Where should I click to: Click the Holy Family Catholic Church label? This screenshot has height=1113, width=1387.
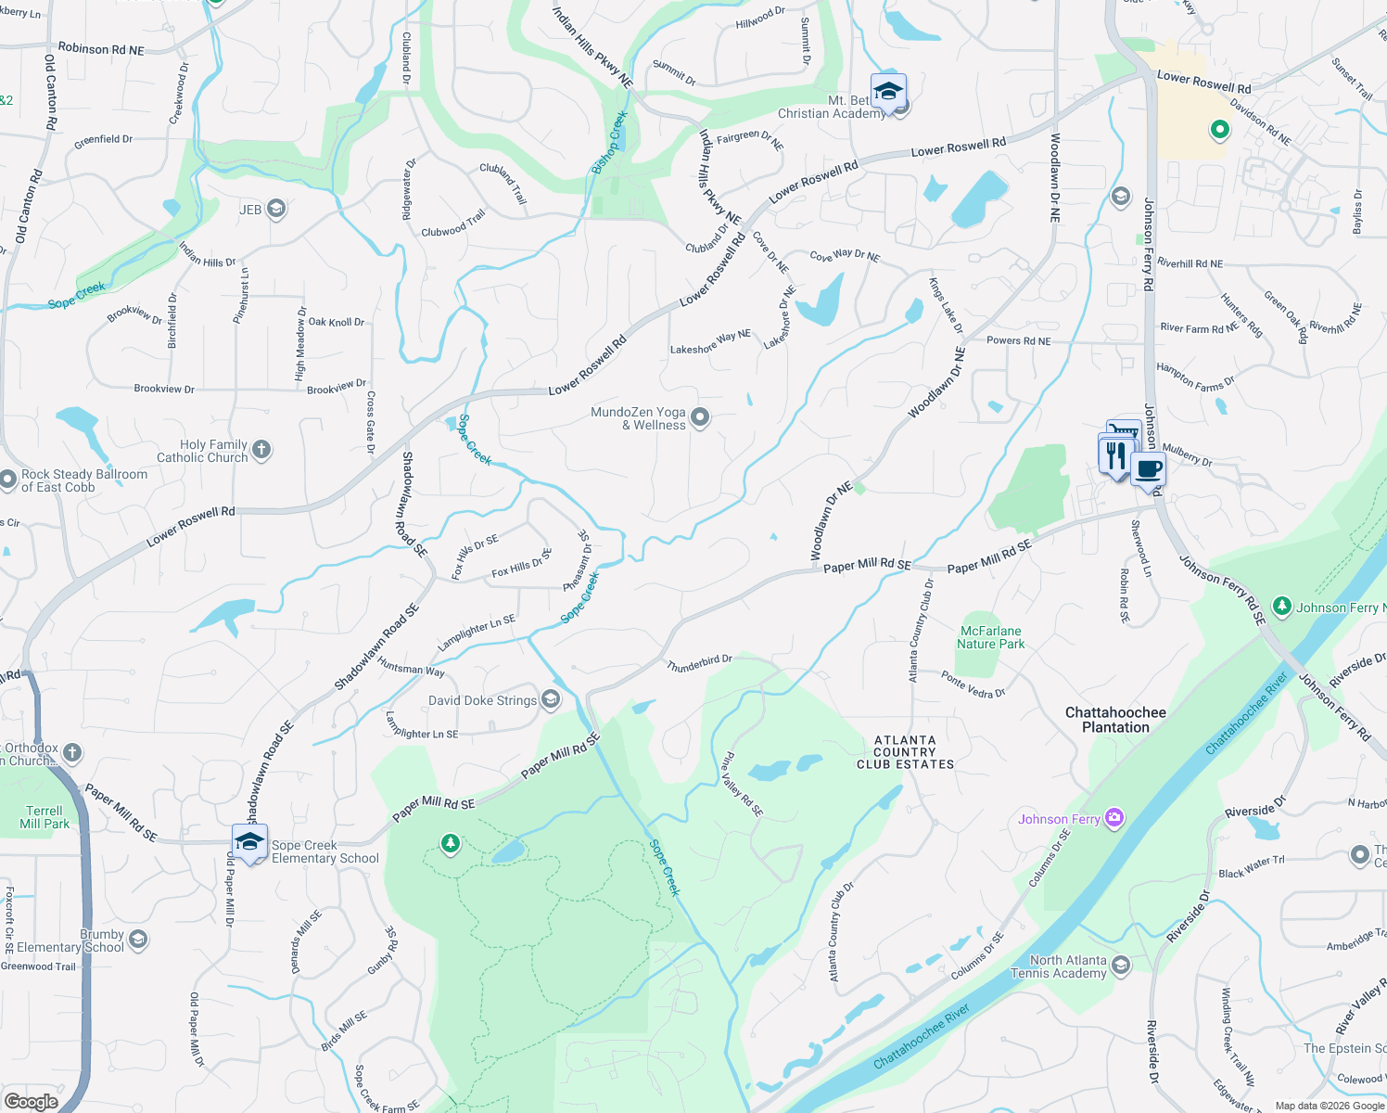tap(202, 451)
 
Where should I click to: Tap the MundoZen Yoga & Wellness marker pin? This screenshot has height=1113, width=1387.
tap(700, 417)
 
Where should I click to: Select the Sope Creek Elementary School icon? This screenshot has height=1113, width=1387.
tap(249, 842)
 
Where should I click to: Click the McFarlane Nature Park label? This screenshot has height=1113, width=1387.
tap(991, 637)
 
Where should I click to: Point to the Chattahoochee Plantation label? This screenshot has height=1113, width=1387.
tap(1115, 720)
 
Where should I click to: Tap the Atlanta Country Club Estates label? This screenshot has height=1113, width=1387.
tap(905, 752)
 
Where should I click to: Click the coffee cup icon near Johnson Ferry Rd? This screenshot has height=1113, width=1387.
tap(1148, 470)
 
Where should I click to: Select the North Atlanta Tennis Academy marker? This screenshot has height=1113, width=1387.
tap(1120, 966)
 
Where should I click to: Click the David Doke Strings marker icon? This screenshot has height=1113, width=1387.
tap(551, 699)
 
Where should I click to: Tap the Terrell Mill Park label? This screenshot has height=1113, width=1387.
tap(45, 817)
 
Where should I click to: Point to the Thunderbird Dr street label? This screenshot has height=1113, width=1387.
tap(699, 662)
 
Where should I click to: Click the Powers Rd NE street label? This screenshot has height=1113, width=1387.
tap(1018, 340)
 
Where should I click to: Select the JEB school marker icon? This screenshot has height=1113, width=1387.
tap(276, 209)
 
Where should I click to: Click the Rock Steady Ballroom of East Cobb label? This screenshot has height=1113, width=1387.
tap(83, 480)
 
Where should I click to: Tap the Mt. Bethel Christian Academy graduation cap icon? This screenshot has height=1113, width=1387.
tap(888, 92)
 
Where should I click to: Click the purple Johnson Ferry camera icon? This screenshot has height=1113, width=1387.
tap(1114, 817)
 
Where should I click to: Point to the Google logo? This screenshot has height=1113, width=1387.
tap(31, 1101)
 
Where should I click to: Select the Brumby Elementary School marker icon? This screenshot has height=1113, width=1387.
tap(138, 940)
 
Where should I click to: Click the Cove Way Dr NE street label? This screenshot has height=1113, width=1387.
tap(845, 256)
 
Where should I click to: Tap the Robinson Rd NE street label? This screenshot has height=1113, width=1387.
tap(101, 48)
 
